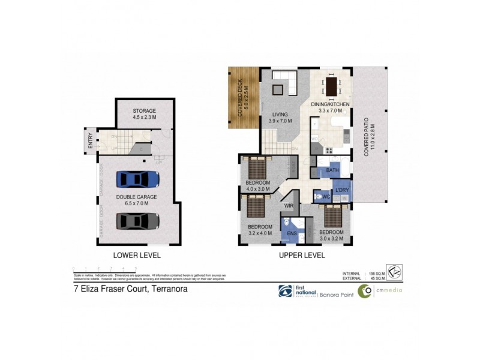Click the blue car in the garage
point(138,179)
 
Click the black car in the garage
point(138,221)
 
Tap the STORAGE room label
point(144,111)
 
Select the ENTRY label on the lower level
point(91,141)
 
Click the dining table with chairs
point(331,86)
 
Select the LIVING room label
point(280,114)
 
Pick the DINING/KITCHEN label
point(330,104)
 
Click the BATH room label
point(332,171)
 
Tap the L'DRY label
point(341,190)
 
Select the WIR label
point(289,205)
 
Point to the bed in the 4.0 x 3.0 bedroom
point(258,167)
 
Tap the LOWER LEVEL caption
point(137,255)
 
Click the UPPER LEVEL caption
point(302,255)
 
